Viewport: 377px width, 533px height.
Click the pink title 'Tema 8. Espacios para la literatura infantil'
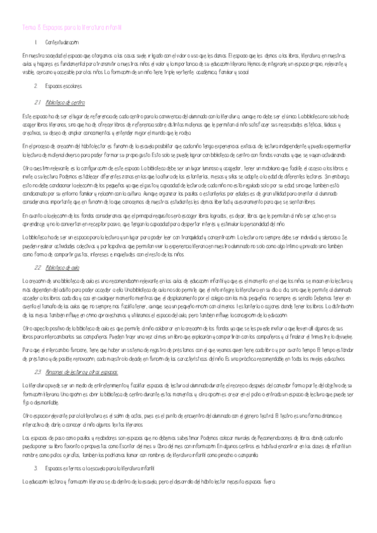coord(71,28)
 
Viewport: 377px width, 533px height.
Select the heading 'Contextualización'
coord(62,41)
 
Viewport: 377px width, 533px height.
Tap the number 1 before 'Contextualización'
coord(37,41)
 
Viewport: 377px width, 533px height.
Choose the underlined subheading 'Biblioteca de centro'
coord(65,102)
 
